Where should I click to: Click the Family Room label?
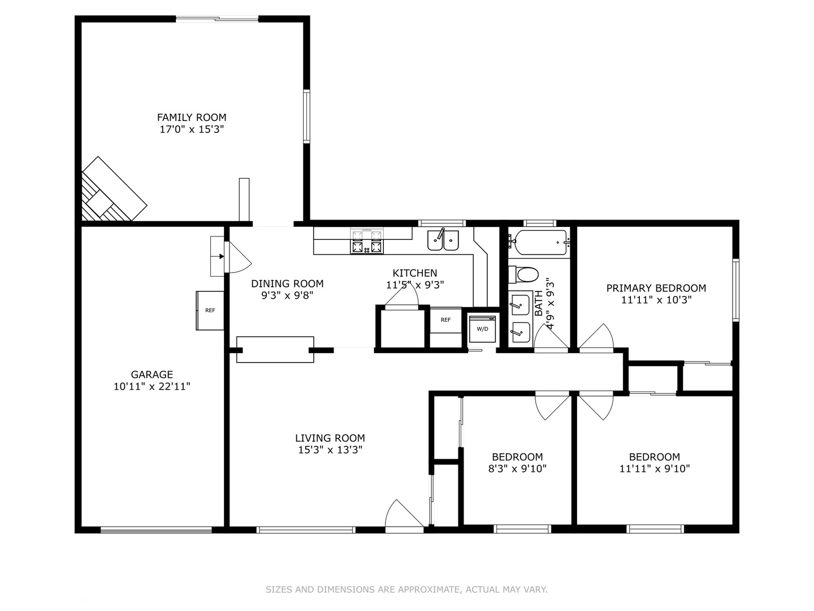click(x=192, y=118)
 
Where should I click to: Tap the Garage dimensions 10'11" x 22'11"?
click(x=151, y=386)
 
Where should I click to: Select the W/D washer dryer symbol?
click(x=482, y=329)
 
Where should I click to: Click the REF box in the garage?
click(x=210, y=311)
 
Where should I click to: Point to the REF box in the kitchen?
click(x=446, y=320)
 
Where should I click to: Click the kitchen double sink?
click(x=443, y=240)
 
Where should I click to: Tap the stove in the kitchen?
click(x=367, y=241)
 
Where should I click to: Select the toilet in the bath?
click(x=523, y=275)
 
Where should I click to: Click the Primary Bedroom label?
click(x=656, y=289)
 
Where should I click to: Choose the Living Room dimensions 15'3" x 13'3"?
click(x=330, y=450)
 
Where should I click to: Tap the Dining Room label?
click(x=287, y=284)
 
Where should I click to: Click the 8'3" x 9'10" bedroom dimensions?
click(x=517, y=469)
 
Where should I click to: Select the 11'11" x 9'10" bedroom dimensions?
click(x=655, y=469)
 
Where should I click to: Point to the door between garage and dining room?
click(x=238, y=257)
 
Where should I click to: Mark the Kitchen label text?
click(x=414, y=273)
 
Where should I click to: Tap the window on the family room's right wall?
click(x=307, y=116)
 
